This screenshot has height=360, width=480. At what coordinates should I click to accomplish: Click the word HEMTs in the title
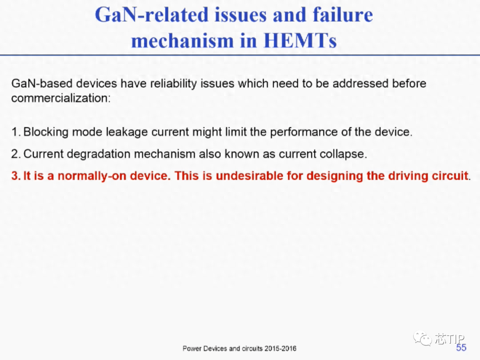[300, 40]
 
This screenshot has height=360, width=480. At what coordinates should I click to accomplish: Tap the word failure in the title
[343, 14]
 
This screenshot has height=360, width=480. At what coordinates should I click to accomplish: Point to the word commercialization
[61, 98]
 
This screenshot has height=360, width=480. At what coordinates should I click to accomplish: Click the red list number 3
[16, 176]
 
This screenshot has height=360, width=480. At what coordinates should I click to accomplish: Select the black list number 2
[16, 154]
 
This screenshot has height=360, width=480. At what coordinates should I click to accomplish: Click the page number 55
[461, 348]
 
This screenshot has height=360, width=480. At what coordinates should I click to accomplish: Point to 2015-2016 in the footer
[280, 348]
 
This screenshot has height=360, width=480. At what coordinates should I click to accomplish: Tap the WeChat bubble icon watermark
[423, 338]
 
